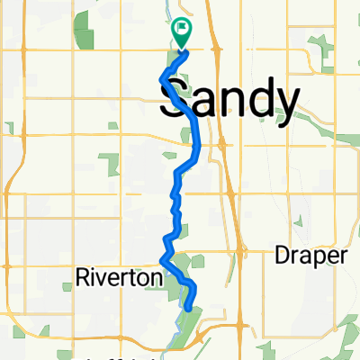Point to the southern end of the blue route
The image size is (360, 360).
tap(188, 308)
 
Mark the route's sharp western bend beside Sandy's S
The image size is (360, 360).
tap(162, 78)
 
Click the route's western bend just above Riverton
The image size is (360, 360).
tap(162, 260)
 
